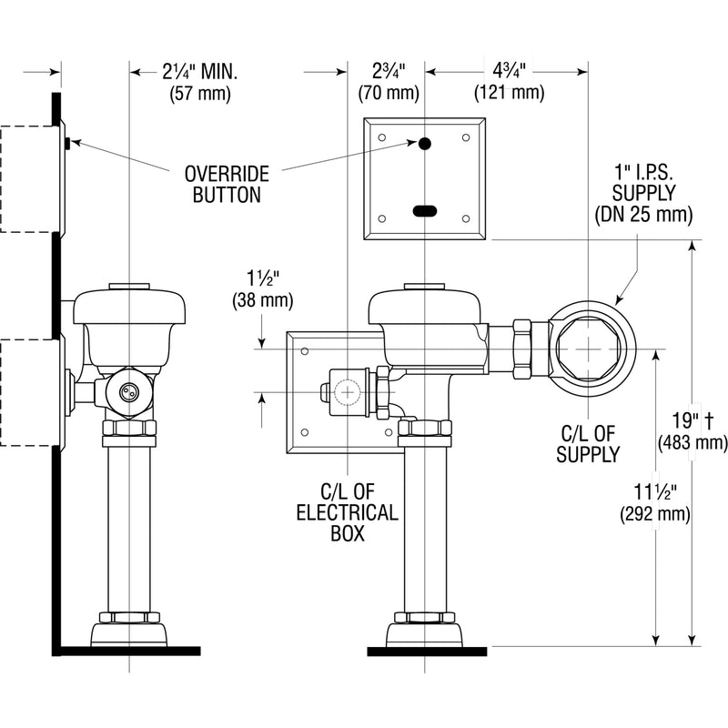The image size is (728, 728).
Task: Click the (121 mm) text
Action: click(509, 93)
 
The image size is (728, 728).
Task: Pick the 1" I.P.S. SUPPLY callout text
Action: click(643, 183)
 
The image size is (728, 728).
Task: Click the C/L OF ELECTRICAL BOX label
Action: click(346, 511)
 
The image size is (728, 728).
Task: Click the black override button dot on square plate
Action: click(425, 143)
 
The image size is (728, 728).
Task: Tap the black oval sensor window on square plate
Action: click(425, 210)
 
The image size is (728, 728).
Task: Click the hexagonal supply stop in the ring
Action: click(589, 349)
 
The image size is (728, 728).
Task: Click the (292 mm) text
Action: click(654, 514)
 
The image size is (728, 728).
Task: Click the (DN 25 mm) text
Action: click(643, 215)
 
